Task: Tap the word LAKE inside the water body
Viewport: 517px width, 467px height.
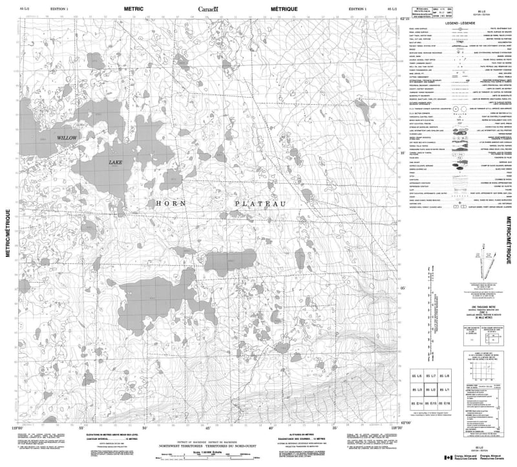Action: pos(116,162)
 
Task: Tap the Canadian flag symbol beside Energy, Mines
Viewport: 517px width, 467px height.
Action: pos(448,458)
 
